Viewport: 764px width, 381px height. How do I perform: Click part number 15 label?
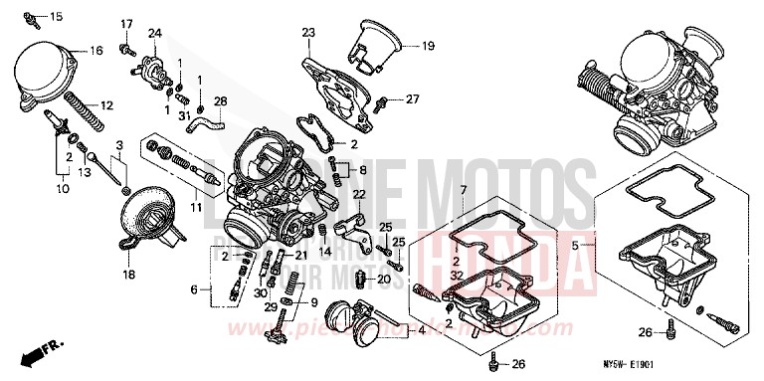coord(55,16)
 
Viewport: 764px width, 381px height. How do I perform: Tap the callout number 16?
coord(96,50)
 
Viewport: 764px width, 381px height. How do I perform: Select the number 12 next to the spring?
coord(106,104)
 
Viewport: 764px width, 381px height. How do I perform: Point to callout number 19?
coord(428,46)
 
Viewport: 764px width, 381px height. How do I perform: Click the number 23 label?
coord(307,33)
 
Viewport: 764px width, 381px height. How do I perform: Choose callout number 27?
coord(413,98)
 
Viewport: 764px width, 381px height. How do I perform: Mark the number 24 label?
coord(154,33)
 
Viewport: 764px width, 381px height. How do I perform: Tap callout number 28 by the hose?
coord(220,100)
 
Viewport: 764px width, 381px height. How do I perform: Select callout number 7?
coord(464,189)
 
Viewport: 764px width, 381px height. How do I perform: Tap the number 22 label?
coord(359,194)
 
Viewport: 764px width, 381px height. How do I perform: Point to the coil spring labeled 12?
coord(85,105)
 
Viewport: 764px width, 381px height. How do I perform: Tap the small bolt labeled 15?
coord(33,17)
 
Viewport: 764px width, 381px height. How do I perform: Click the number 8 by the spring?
coord(363,170)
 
